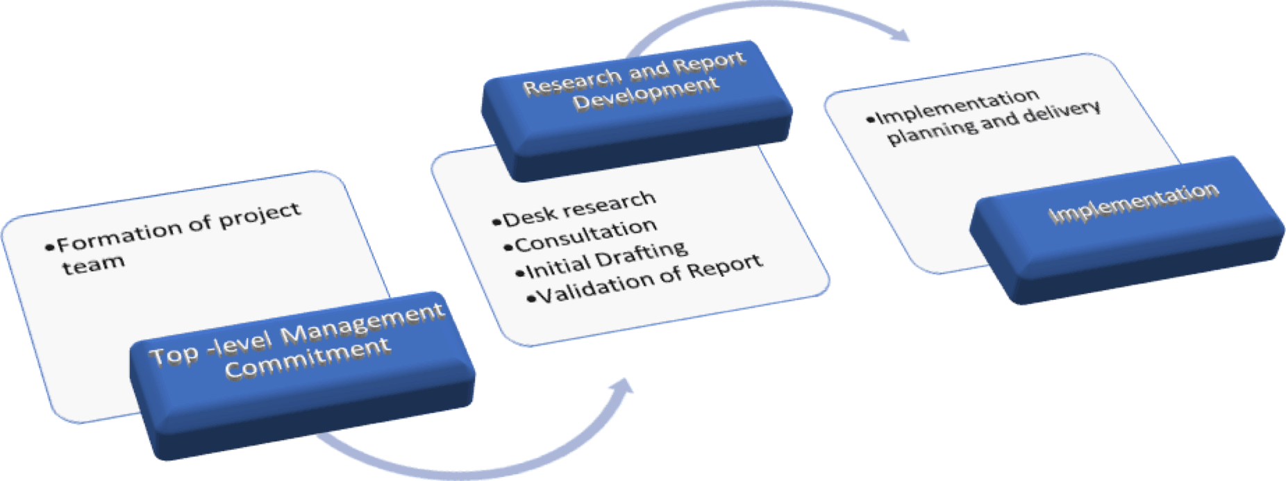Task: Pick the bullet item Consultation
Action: (x=586, y=237)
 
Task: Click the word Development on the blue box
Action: (x=645, y=94)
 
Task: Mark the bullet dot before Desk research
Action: (x=496, y=223)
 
